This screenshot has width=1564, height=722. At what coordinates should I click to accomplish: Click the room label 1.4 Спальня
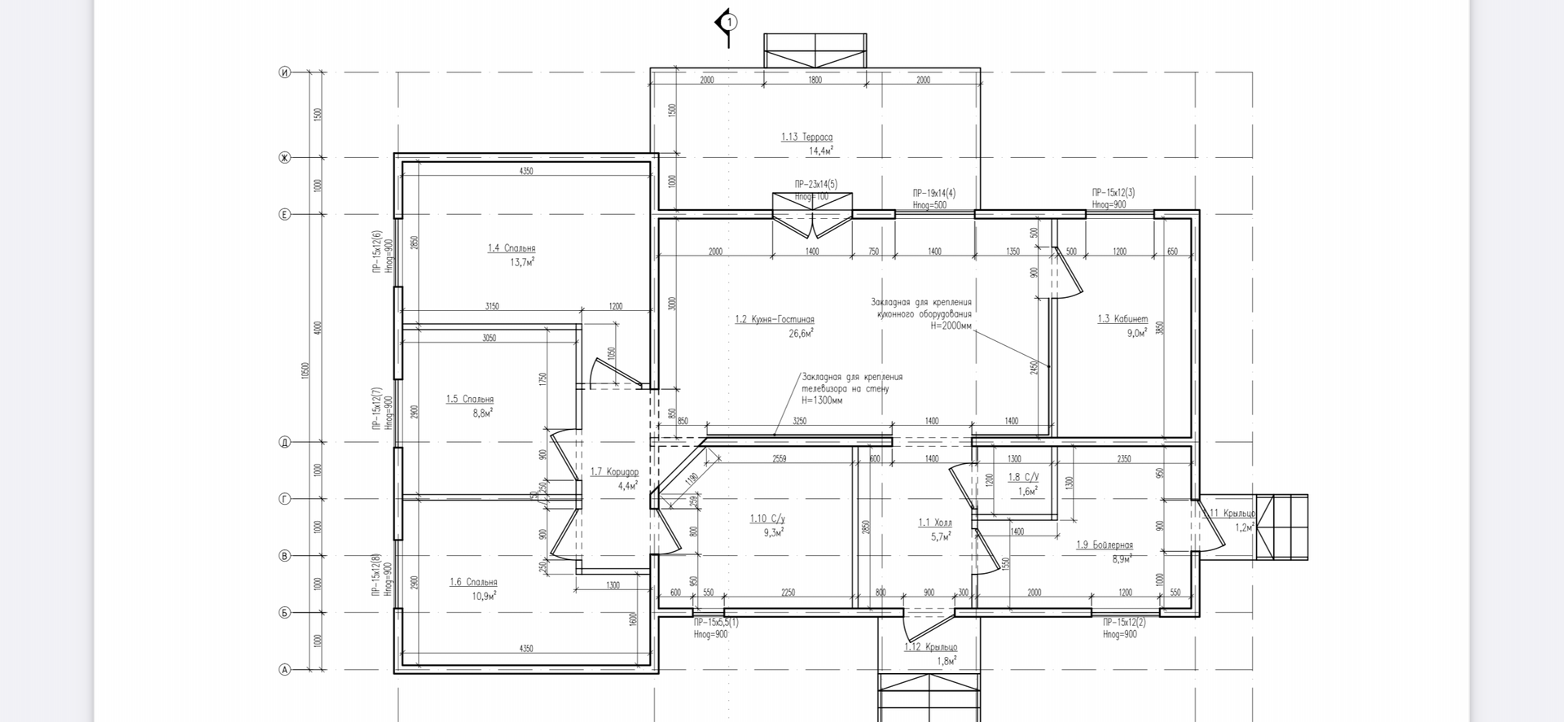pos(512,248)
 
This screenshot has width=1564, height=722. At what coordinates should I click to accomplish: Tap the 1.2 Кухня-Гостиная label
pos(774,320)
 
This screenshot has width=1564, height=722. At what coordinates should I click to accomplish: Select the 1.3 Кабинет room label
pos(1122,319)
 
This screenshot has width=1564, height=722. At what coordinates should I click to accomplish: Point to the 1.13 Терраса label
pos(806,138)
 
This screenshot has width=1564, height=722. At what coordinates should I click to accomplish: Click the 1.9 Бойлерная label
pos(1104,545)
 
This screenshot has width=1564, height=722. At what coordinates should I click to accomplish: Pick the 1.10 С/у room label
pos(767,519)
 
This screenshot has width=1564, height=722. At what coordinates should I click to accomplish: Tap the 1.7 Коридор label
pos(614,472)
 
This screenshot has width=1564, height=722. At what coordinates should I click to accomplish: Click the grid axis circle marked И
pos(285,72)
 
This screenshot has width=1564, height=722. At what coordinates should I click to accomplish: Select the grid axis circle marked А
pos(285,670)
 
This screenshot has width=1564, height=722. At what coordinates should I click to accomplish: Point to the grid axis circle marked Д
pos(285,443)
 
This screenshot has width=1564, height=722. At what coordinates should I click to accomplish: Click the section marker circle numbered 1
pos(730,22)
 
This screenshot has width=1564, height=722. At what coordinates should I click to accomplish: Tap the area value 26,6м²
pos(802,333)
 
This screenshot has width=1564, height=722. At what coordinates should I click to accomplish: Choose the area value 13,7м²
pos(522,262)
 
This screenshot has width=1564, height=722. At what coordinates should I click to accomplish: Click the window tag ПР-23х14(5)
pos(815,185)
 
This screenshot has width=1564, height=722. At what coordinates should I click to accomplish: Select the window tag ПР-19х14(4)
pos(934,194)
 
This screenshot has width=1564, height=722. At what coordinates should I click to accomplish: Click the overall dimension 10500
pos(305,370)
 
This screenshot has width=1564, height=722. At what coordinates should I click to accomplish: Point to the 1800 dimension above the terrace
pos(815,80)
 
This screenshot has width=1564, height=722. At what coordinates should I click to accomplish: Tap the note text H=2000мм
pos(951,326)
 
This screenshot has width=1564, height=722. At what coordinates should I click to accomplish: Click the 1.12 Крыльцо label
pos(930,647)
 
